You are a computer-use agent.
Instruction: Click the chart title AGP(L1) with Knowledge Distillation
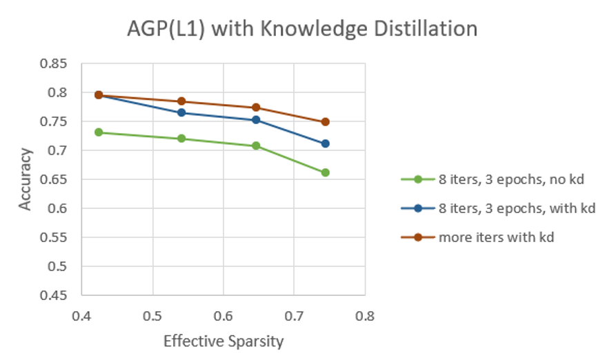tap(302, 29)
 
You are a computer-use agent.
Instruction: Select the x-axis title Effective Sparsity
tap(224, 341)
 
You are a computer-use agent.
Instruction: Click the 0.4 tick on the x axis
tap(82, 317)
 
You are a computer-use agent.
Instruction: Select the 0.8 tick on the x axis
tap(365, 317)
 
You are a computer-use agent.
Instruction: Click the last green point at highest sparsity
tap(325, 172)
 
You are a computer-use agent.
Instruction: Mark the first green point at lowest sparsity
tap(99, 132)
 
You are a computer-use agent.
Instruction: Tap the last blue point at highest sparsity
tap(325, 143)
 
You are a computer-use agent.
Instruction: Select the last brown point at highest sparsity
tap(325, 122)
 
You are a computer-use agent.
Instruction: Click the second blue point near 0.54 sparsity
tap(182, 112)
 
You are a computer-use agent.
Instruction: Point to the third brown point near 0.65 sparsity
tap(256, 108)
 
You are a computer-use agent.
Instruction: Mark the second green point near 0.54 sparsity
tap(182, 139)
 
